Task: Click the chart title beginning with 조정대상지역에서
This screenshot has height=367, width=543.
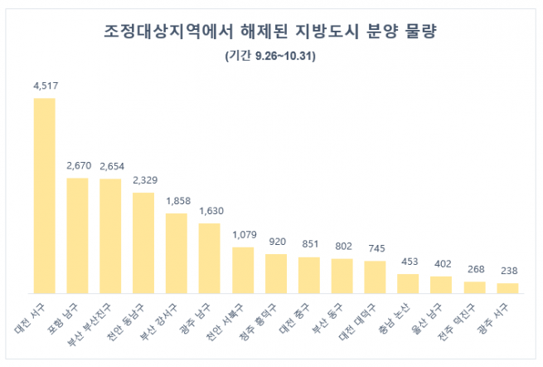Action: [x=269, y=32]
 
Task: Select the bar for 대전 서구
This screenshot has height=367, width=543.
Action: [x=44, y=195]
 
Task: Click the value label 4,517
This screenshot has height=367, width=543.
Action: [x=44, y=86]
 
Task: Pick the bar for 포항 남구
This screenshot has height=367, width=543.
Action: [x=77, y=235]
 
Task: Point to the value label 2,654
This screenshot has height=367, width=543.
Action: [x=110, y=166]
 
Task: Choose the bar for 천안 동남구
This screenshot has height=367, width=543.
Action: [x=143, y=242]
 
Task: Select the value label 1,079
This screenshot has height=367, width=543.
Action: [x=243, y=234]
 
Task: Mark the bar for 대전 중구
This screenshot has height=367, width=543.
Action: [x=309, y=275]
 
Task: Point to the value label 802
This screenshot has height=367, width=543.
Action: [x=342, y=246]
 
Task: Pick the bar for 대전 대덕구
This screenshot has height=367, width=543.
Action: [x=376, y=276]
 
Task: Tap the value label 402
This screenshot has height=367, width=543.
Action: [x=442, y=263]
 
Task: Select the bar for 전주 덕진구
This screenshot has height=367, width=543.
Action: [x=475, y=287]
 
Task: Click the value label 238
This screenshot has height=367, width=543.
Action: [x=508, y=271]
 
